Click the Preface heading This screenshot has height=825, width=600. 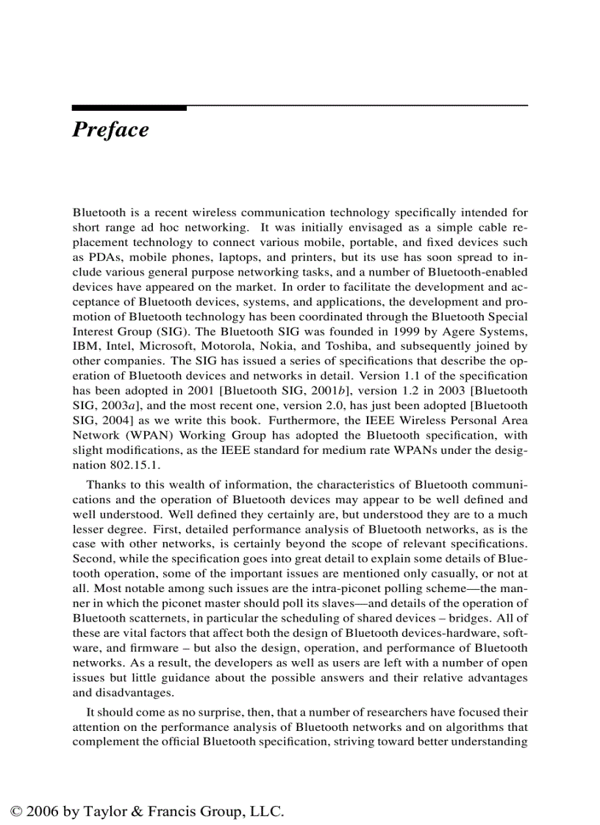pyautogui.click(x=110, y=130)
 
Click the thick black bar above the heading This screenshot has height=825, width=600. pyautogui.click(x=129, y=108)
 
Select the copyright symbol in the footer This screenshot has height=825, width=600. pyautogui.click(x=15, y=812)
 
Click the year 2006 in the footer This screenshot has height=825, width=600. pyautogui.click(x=41, y=812)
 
